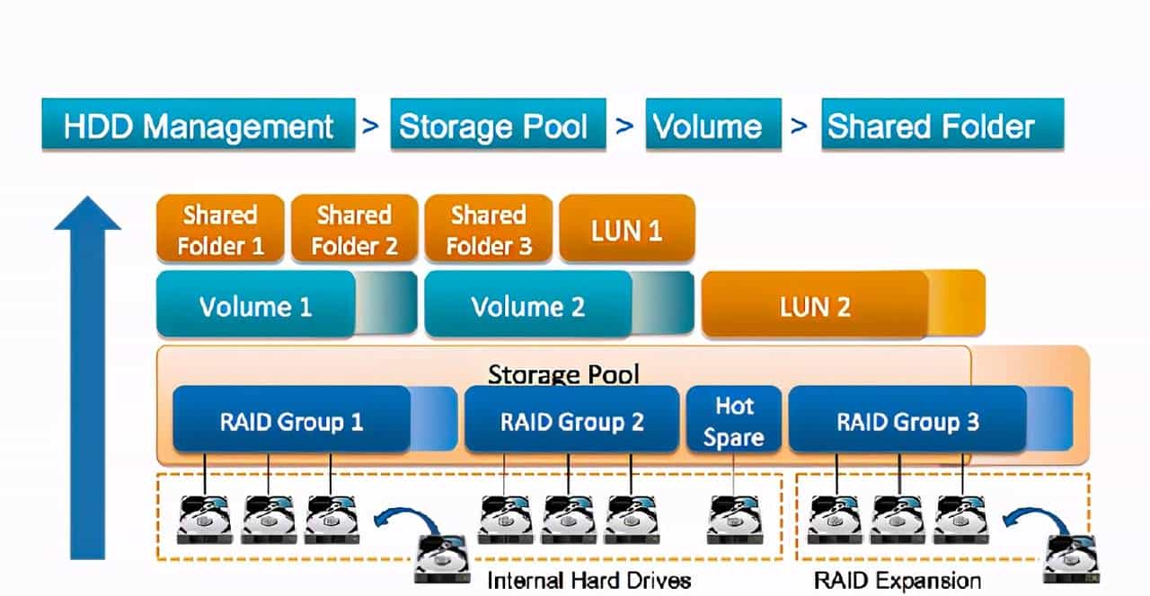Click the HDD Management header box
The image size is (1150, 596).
pos(198,125)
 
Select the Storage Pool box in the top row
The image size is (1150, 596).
pos(492,125)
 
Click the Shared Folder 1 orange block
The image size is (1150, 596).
pos(220,230)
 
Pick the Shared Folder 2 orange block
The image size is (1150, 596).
pos(354,230)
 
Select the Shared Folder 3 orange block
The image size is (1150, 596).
pos(488,230)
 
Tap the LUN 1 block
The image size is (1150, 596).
pos(626,230)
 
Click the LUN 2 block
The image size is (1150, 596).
pos(815,307)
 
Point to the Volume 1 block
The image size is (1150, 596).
pos(256,306)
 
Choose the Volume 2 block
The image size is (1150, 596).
pos(528,306)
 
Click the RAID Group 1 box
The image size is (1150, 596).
pos(292,421)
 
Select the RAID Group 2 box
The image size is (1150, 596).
pos(571,421)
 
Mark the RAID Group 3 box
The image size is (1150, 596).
pos(907,421)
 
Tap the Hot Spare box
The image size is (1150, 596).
pos(733,421)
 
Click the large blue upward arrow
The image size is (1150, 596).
pos(87,377)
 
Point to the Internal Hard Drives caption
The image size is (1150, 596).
pos(588,580)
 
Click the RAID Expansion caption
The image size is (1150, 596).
pos(897,580)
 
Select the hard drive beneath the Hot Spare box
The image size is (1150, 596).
pos(734,520)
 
